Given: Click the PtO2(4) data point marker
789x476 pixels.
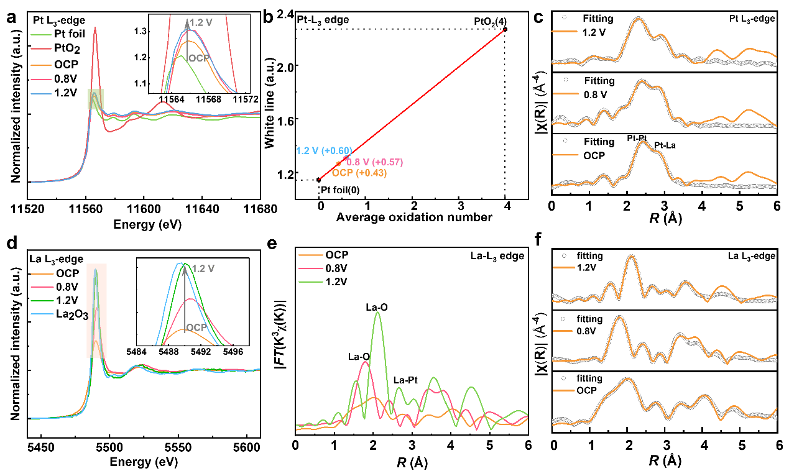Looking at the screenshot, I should coord(505,29).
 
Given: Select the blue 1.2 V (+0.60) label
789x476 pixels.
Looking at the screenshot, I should coord(324,150).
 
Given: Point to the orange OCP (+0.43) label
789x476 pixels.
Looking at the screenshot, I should coord(359,173).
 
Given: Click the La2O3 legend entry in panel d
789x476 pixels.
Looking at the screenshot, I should coord(72,314).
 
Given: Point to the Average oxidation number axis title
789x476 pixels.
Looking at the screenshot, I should coord(415,217).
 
